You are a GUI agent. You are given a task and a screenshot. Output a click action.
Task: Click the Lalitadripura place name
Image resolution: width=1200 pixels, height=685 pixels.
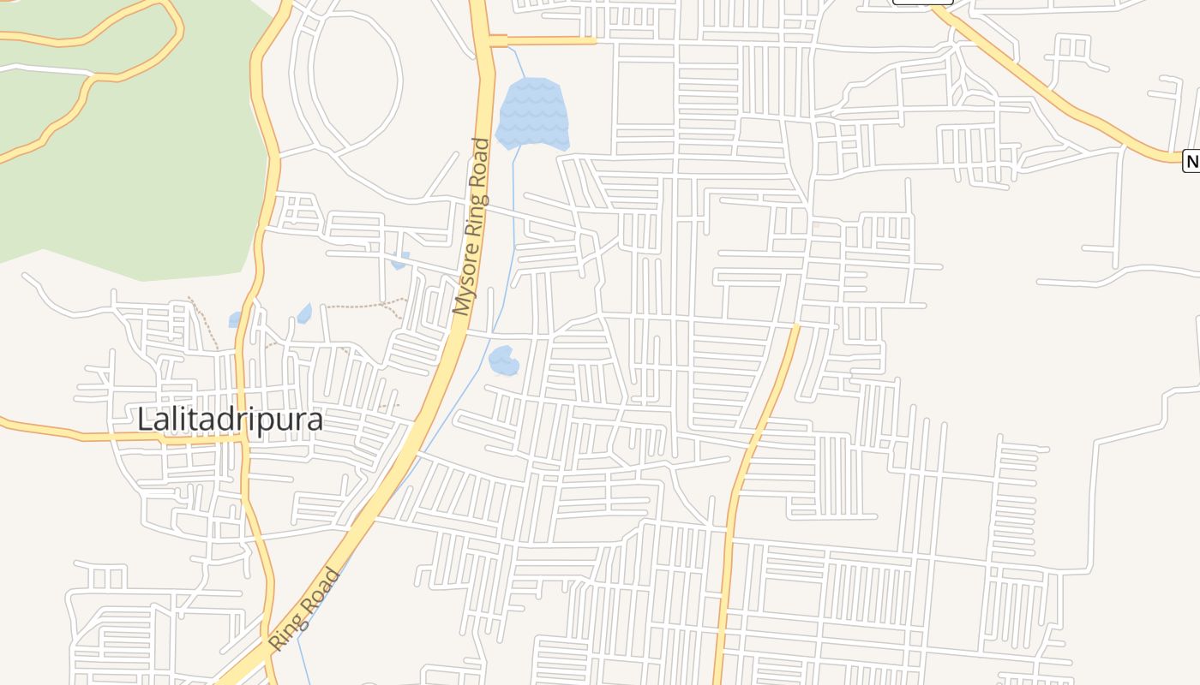click(x=231, y=420)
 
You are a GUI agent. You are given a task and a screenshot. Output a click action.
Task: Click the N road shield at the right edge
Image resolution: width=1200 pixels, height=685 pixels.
click(x=1191, y=160)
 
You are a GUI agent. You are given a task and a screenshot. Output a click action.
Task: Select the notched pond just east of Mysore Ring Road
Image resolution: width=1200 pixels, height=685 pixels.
click(x=503, y=360)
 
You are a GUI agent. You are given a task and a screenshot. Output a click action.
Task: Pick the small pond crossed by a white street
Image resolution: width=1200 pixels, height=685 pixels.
click(x=399, y=260)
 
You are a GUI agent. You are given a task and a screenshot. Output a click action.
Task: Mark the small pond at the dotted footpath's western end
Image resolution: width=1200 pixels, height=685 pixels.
click(x=304, y=313)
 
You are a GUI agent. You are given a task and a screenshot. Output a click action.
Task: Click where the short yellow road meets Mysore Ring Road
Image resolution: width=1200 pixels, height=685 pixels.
click(x=490, y=40)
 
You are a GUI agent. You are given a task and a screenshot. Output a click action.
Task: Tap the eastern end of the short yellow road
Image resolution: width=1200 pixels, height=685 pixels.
click(x=594, y=40)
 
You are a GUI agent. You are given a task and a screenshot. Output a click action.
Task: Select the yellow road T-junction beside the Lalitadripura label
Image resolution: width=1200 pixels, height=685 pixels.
click(x=246, y=435)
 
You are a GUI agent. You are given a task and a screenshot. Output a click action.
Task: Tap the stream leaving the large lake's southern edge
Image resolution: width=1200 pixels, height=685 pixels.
click(x=517, y=163)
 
